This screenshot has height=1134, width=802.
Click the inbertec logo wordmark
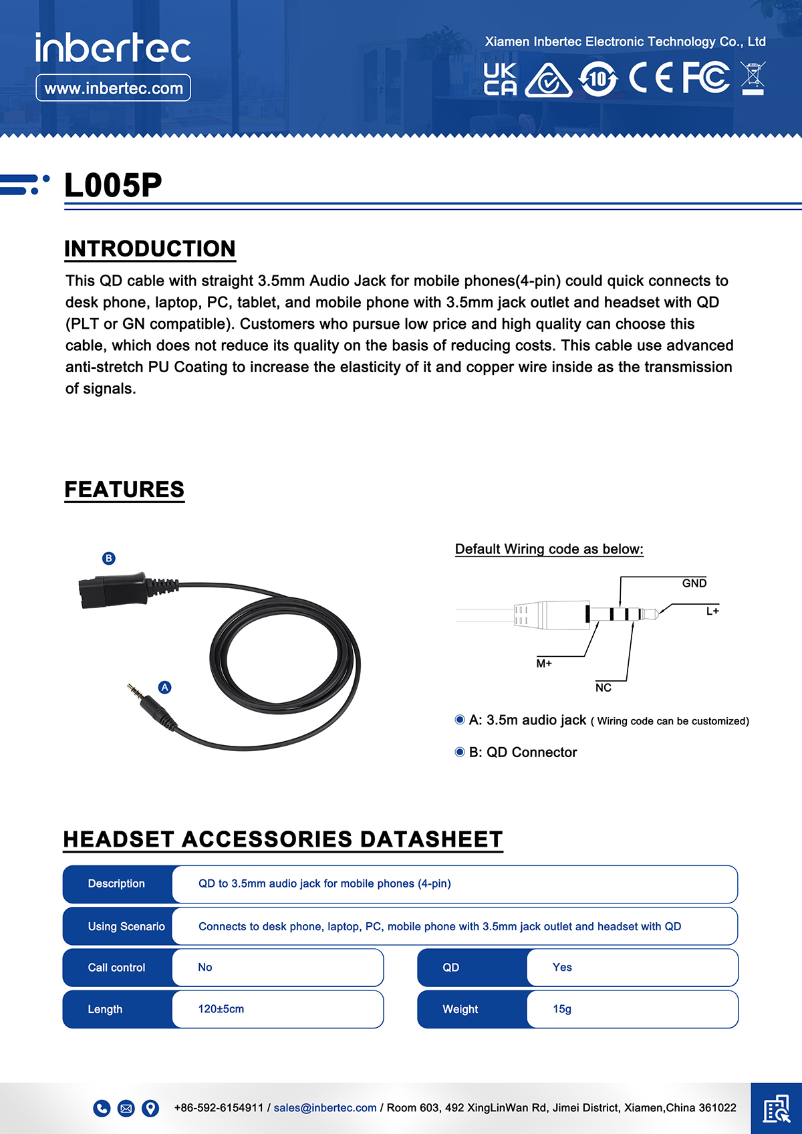coord(113,48)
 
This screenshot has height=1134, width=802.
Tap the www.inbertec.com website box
coord(113,88)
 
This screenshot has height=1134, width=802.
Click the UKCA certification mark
coord(500,79)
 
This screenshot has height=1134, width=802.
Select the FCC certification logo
coord(706,78)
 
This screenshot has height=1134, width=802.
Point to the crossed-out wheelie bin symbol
coord(753,78)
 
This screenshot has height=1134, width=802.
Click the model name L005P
coord(113,185)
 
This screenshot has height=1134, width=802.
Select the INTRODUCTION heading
coord(150,249)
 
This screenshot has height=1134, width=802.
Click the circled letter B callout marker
coord(109,558)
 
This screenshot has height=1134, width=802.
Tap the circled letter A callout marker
coord(164,687)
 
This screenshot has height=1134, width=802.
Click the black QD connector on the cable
coord(114,589)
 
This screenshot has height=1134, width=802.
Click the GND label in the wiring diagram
coord(694,583)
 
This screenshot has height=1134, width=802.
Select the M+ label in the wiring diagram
coord(544,664)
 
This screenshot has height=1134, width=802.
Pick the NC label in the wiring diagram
coord(603,688)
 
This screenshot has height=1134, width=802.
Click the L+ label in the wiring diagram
coord(712,611)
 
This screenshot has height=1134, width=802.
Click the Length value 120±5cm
coord(221,1009)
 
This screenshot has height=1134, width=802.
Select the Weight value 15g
coord(562,1009)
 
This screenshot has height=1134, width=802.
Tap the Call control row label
coord(116,968)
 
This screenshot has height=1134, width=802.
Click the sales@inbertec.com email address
coord(325,1108)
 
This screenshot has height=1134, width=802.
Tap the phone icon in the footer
coord(102,1109)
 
